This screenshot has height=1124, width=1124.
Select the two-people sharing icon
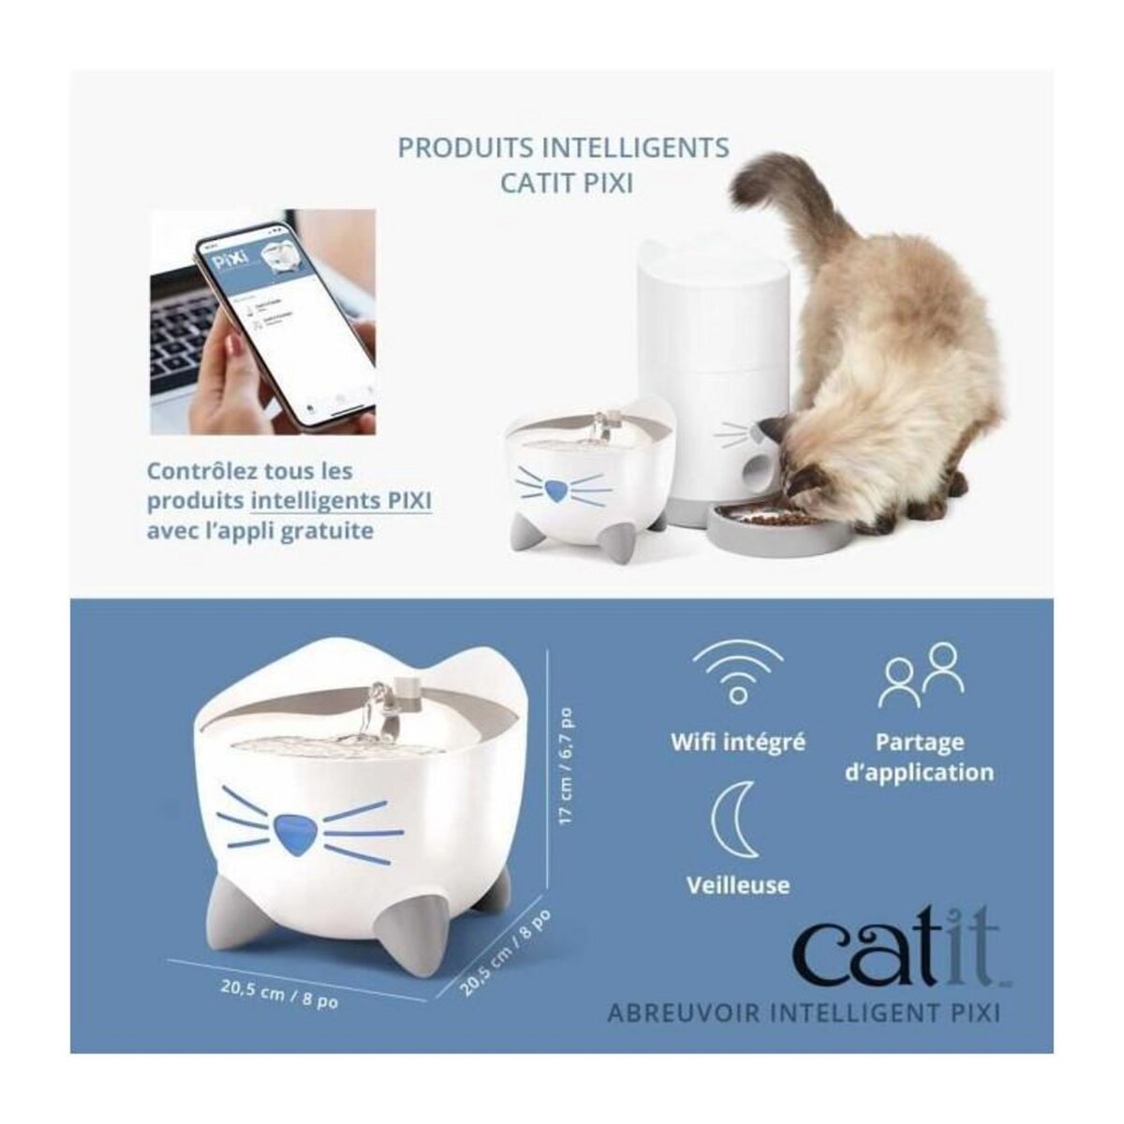920,673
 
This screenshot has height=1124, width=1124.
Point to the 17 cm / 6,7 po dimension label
566,766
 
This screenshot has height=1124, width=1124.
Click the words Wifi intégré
737,742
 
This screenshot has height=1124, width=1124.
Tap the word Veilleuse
737,884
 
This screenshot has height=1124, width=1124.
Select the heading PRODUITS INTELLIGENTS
563,148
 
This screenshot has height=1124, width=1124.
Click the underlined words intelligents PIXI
340,500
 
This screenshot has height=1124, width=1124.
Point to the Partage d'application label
919,757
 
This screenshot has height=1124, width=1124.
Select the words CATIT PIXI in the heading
566,181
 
